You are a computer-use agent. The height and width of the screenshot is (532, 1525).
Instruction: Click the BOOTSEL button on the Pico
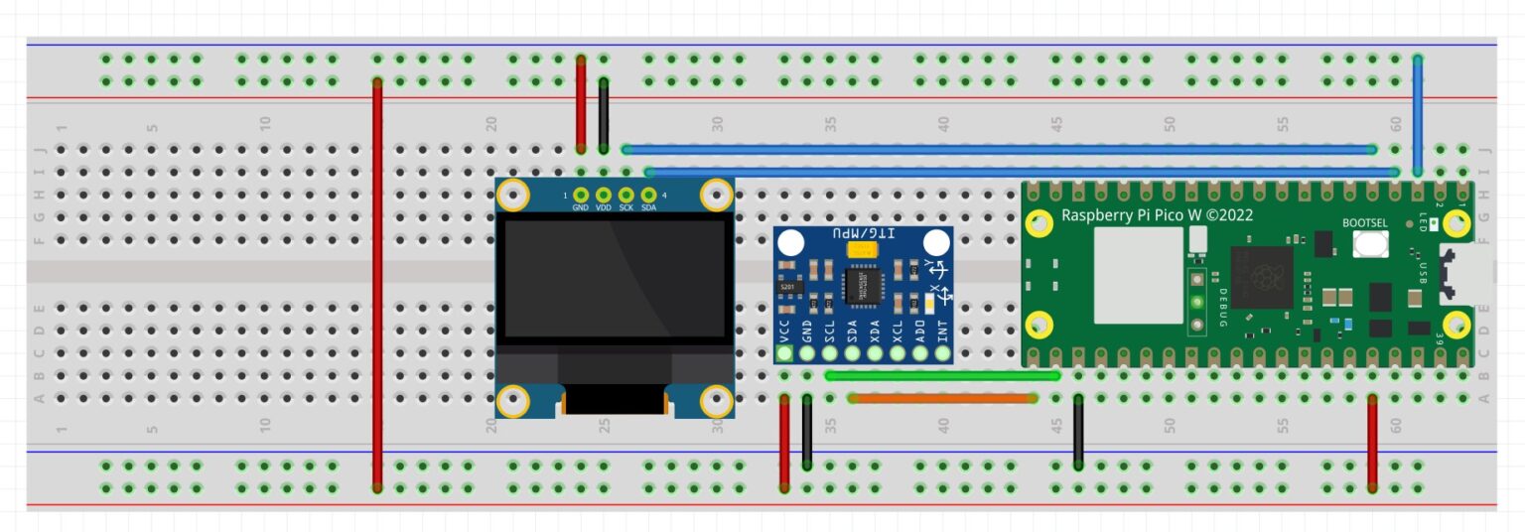click(1370, 243)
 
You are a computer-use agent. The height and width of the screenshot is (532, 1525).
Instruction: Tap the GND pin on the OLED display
click(581, 196)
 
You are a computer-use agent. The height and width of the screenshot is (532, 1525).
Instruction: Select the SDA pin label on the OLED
click(649, 207)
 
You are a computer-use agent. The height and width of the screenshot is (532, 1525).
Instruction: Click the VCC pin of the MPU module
click(784, 351)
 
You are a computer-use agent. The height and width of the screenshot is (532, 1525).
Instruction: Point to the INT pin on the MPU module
click(943, 351)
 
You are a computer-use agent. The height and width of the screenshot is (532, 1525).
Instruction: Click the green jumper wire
click(941, 375)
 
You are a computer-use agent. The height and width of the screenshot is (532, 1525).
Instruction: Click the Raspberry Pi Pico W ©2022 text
click(1157, 214)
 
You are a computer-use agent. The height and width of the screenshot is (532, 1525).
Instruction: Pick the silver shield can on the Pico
click(1139, 275)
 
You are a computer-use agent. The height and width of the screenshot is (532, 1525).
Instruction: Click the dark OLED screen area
click(615, 281)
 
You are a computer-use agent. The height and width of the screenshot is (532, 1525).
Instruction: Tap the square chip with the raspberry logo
click(1262, 277)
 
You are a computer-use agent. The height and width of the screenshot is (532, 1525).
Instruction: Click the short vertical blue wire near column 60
click(1418, 115)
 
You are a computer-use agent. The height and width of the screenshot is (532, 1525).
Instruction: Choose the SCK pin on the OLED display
click(626, 196)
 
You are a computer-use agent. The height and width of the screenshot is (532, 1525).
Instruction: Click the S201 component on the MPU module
click(788, 287)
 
